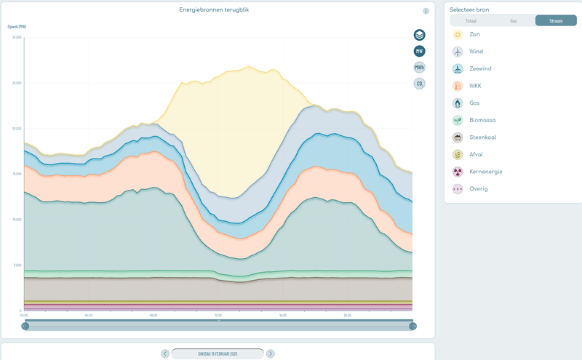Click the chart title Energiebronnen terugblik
(x=214, y=9)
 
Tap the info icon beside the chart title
(x=426, y=11)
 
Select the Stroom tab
(x=556, y=21)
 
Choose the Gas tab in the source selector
(x=514, y=21)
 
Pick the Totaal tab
(x=471, y=21)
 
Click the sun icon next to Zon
(x=458, y=34)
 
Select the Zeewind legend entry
(x=479, y=68)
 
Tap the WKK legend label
(x=475, y=86)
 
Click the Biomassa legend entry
(x=482, y=120)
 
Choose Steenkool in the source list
(x=482, y=137)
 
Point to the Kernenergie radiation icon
(x=458, y=172)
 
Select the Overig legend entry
(x=478, y=189)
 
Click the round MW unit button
(x=420, y=51)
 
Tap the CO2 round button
(x=420, y=84)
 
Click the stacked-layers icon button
(x=420, y=35)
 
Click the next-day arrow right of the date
(x=271, y=353)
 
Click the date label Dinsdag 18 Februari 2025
(x=218, y=353)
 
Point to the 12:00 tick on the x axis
(x=218, y=316)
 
